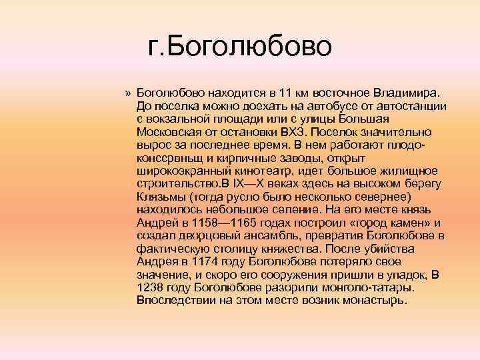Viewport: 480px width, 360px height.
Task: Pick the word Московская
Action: coord(169,133)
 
